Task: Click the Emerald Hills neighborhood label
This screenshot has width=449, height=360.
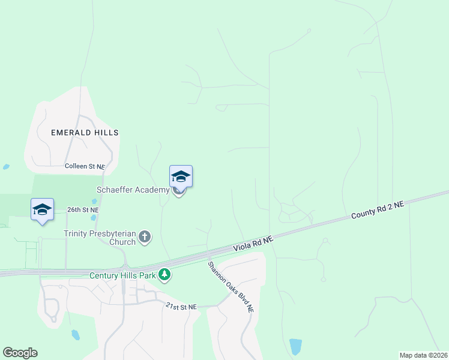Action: (x=85, y=132)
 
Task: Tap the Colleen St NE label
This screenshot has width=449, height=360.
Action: (x=85, y=166)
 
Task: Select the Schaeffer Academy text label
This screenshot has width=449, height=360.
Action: (x=133, y=190)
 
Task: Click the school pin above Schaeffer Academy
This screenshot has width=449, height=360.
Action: (x=181, y=176)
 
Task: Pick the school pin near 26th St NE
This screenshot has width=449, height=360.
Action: (x=42, y=209)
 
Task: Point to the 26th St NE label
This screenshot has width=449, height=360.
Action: (x=82, y=210)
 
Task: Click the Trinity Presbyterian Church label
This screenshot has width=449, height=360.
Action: (x=100, y=238)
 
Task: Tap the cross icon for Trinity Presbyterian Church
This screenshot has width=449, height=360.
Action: (x=144, y=237)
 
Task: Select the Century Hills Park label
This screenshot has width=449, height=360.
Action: (x=122, y=275)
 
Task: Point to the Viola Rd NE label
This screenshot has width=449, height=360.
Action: (x=253, y=243)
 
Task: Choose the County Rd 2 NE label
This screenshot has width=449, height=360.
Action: (x=378, y=210)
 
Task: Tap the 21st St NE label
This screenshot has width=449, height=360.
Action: (x=181, y=307)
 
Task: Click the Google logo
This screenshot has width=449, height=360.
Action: (x=20, y=352)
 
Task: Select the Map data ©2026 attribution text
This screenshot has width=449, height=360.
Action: (x=423, y=355)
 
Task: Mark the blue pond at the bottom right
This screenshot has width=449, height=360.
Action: (x=295, y=346)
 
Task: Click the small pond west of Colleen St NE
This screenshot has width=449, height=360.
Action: (x=6, y=167)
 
